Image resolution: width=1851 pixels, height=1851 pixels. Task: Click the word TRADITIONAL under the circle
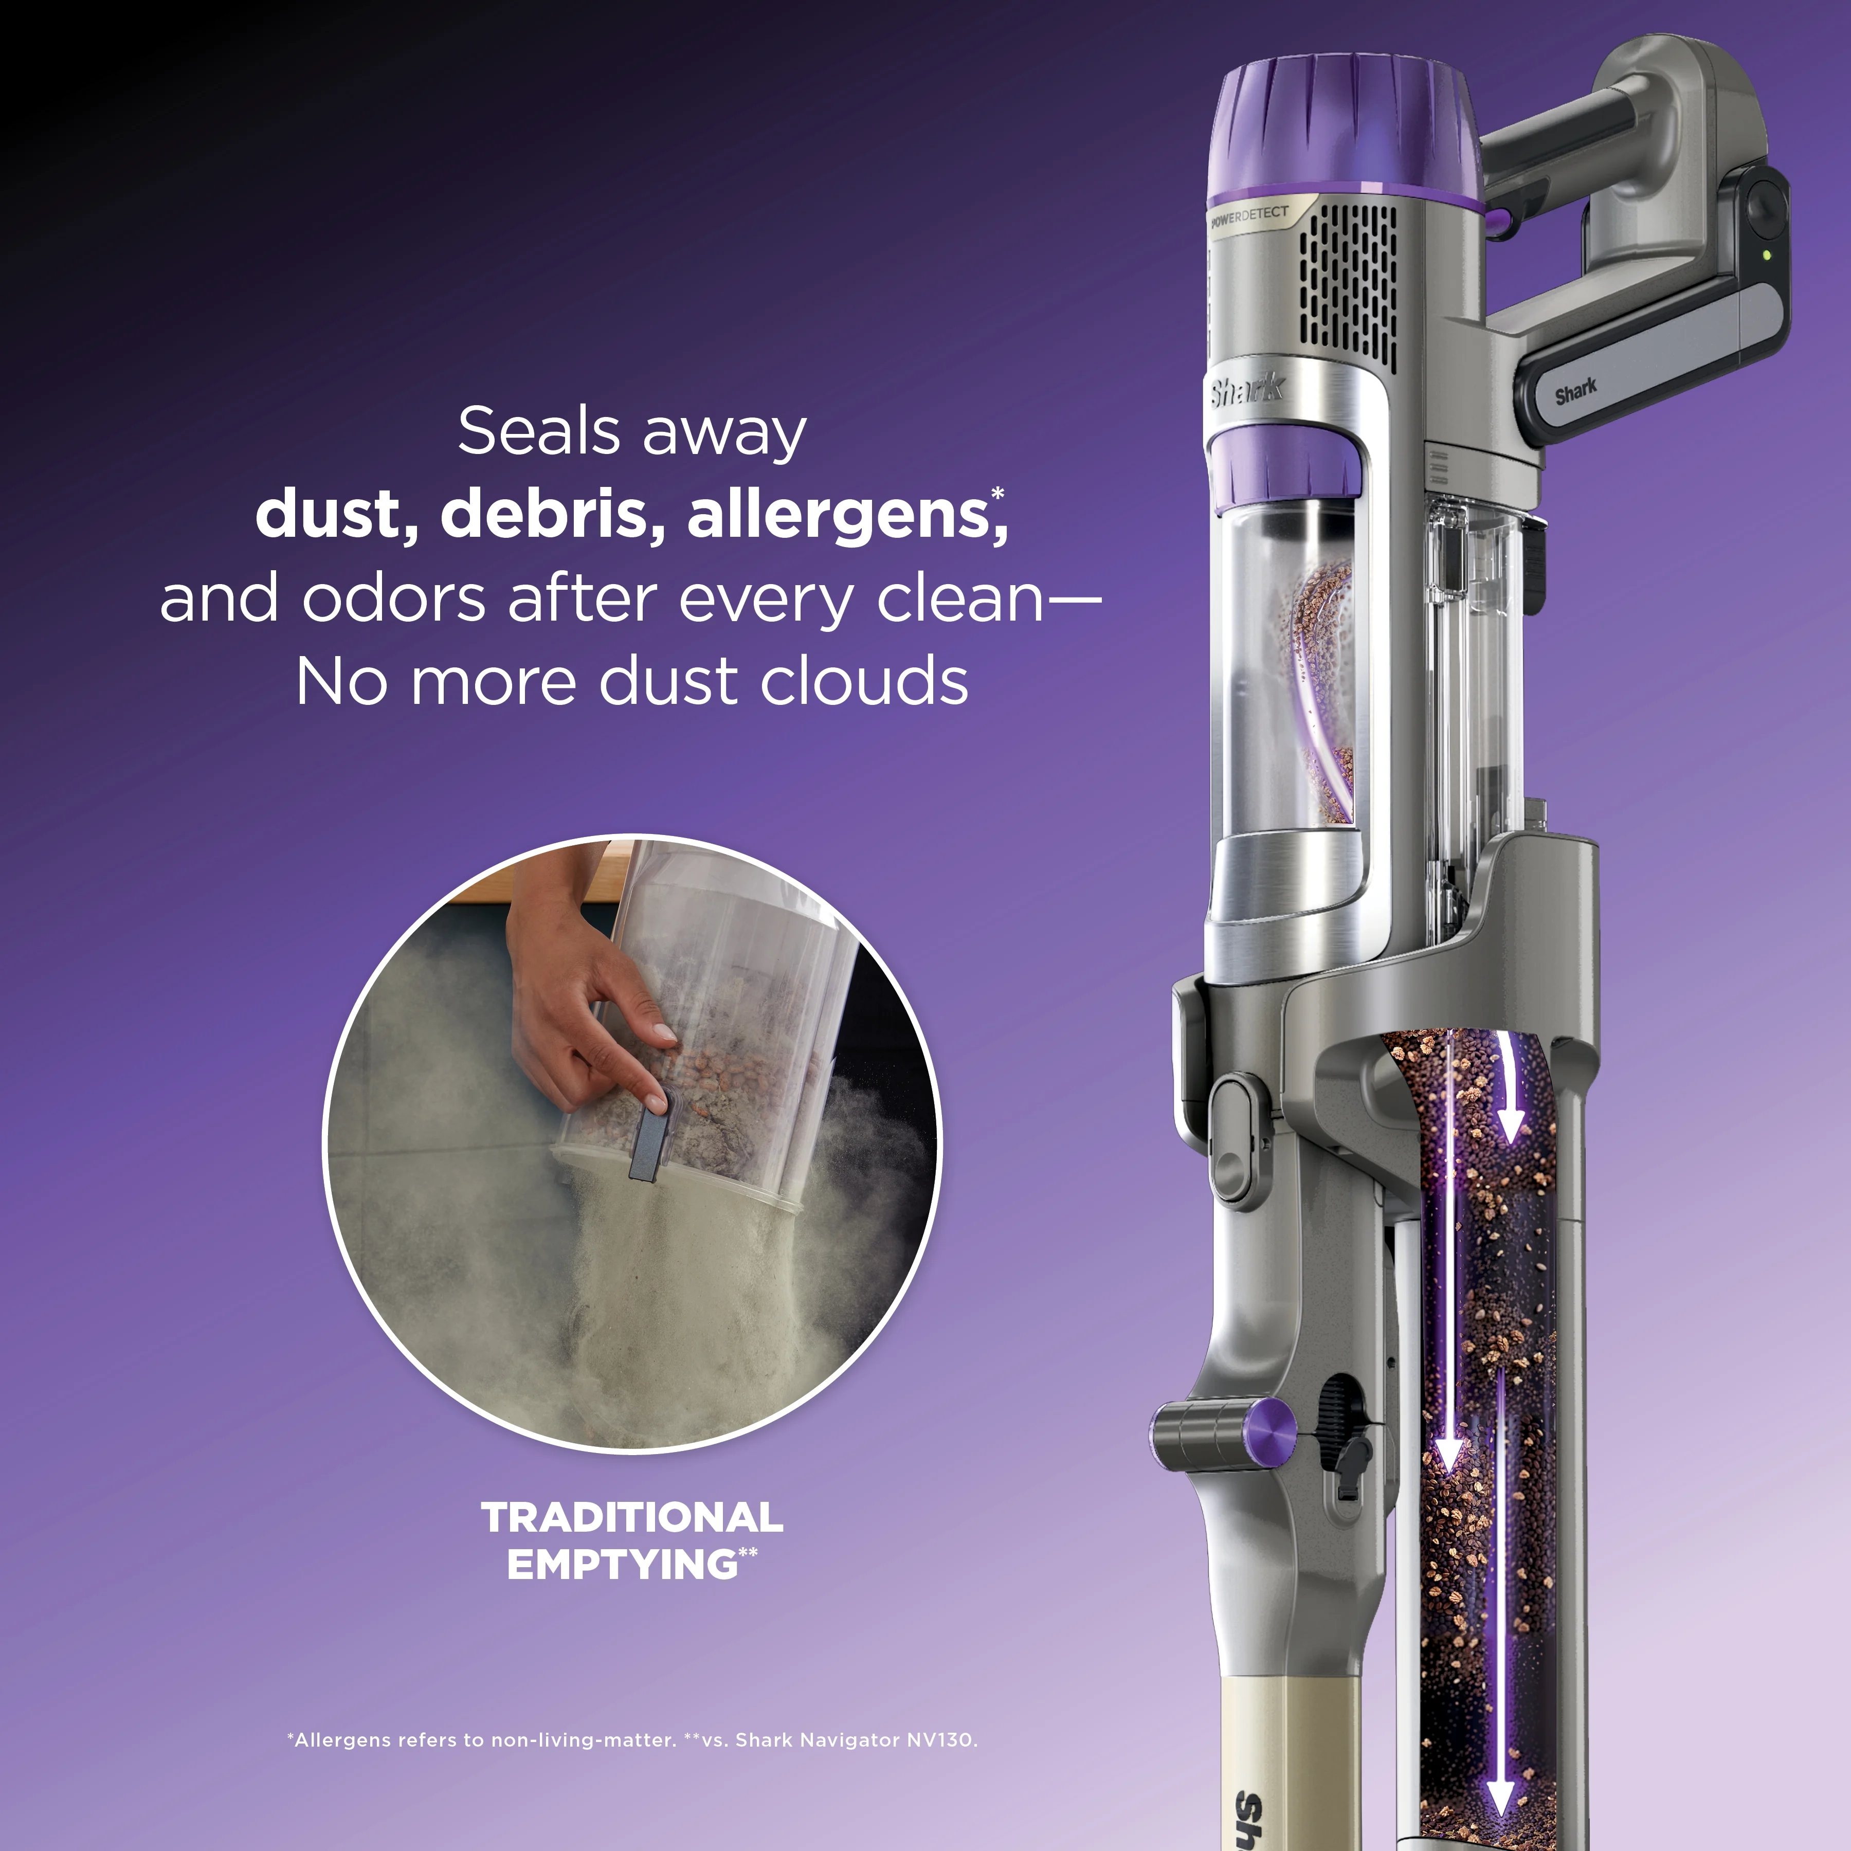(632, 1518)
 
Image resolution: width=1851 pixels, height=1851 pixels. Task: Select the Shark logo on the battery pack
(1575, 391)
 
